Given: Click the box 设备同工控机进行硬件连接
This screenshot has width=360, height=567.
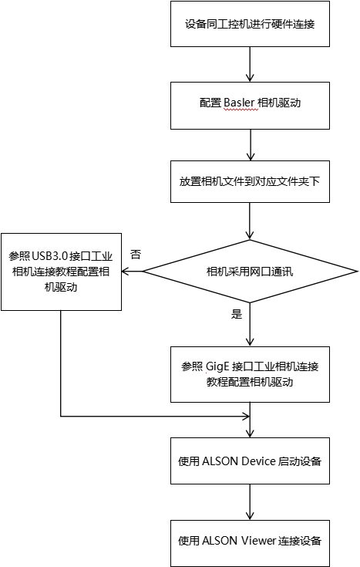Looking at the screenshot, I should [250, 24].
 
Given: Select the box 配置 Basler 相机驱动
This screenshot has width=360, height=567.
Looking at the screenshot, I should [250, 103].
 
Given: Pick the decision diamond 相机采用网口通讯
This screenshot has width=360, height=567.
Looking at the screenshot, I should [250, 272].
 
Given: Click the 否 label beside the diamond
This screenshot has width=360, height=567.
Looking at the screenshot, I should [136, 254].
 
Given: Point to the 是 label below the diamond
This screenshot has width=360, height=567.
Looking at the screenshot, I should [237, 314].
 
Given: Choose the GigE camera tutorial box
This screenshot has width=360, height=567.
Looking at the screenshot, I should [250, 374].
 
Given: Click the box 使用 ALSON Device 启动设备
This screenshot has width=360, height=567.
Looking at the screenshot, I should [250, 461].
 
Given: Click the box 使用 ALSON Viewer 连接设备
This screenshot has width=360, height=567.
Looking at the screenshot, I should [250, 541].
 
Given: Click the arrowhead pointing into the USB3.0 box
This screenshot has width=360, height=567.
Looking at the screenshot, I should [124, 272].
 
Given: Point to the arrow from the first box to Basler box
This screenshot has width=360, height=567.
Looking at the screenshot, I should [250, 63].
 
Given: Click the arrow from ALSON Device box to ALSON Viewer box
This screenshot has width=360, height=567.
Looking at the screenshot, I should [250, 501].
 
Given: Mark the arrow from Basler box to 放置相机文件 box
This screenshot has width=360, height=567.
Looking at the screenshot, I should [250, 143].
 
